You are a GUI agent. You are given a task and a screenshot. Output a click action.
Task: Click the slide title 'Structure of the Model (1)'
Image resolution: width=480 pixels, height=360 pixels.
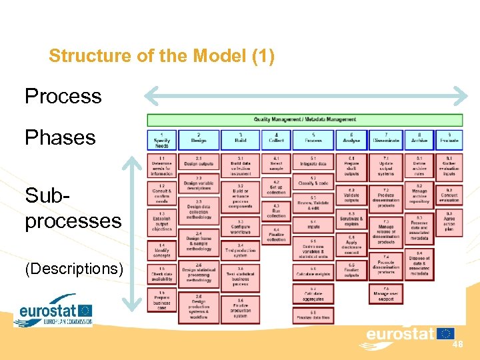tap(161, 56)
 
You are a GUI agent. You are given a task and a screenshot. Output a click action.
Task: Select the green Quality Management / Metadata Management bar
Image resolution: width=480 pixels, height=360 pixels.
tap(304, 120)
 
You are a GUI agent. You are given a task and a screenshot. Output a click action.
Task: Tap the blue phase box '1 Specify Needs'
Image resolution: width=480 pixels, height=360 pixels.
tap(161, 140)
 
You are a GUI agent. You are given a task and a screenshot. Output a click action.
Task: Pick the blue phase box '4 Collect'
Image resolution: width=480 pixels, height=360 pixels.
tap(276, 140)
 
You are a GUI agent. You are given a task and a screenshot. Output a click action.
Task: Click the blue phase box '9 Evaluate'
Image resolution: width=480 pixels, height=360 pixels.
tap(449, 140)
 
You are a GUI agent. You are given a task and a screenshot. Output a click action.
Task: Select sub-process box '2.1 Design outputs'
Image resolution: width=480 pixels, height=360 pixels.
tap(199, 161)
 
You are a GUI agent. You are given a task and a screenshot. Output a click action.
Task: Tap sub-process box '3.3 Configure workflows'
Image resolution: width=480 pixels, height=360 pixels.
tap(240, 227)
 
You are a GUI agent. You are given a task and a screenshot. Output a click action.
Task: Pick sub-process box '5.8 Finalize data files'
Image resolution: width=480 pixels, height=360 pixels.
tap(313, 314)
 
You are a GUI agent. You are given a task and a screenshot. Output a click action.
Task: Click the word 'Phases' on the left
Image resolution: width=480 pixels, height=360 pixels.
tap(60, 138)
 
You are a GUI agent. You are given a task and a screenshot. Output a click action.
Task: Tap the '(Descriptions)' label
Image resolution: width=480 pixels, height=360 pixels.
tap(74, 269)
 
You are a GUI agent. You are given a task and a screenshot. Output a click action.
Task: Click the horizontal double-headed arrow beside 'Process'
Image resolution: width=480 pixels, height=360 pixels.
tap(306, 96)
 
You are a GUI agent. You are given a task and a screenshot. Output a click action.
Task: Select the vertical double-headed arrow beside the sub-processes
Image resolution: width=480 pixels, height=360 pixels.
tap(134, 233)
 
